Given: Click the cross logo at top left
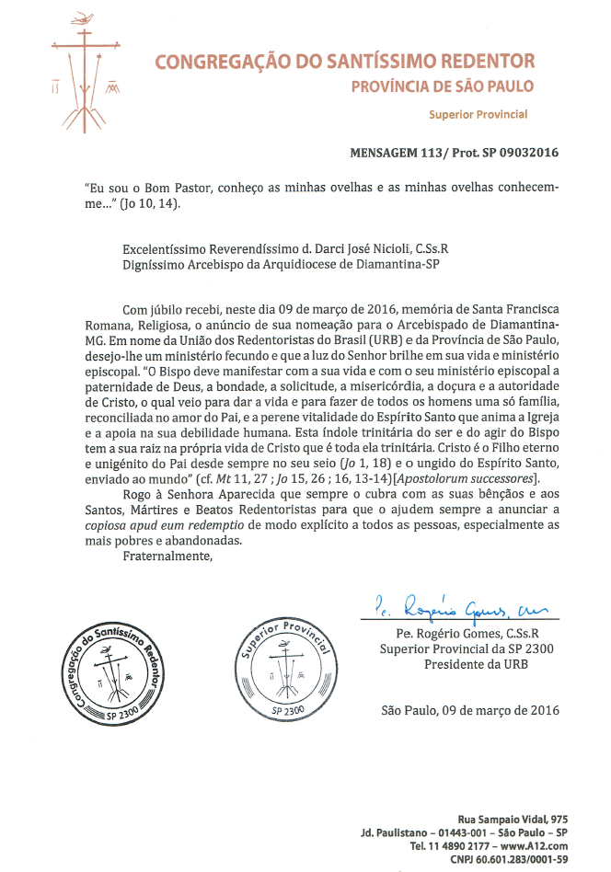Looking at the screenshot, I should (x=85, y=74).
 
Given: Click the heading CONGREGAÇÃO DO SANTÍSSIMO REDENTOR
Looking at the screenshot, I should (x=344, y=63).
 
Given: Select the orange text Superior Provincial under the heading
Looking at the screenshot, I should (x=478, y=115).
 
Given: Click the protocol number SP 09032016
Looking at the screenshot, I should (x=514, y=153).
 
